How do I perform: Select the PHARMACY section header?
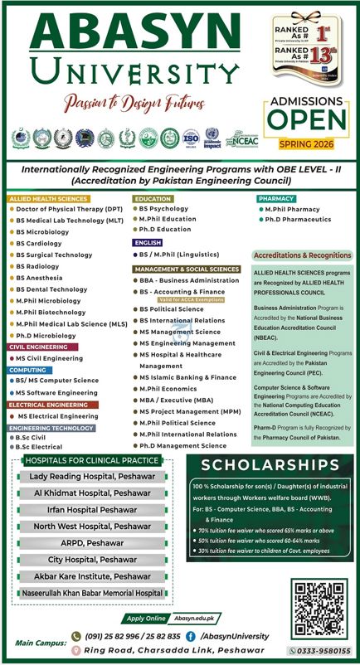(x=276, y=199)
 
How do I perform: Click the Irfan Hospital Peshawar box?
(x=92, y=509)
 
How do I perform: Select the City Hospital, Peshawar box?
(x=92, y=560)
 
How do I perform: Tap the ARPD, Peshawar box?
(x=92, y=543)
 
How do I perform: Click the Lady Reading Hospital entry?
(x=92, y=477)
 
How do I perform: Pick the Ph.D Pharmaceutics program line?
(x=298, y=220)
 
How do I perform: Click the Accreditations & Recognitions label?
(x=302, y=255)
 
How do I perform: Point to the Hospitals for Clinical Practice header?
(x=92, y=460)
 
